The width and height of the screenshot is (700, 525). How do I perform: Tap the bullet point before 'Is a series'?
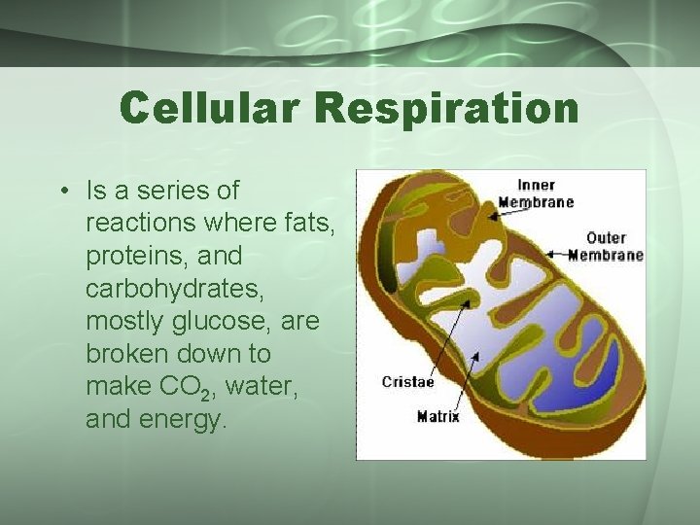(x=61, y=191)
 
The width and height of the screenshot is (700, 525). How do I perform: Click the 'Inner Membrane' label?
(x=536, y=193)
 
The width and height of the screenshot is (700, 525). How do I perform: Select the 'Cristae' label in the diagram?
(x=407, y=382)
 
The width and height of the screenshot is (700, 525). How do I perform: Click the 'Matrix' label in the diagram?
(x=437, y=417)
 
